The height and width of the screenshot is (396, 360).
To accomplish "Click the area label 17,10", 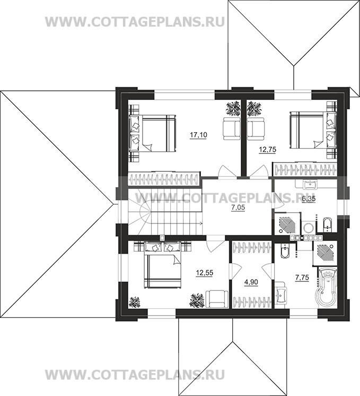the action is tap(198, 135).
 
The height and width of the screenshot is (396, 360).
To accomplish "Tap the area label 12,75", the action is tap(268, 150).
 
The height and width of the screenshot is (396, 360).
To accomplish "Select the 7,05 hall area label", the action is tap(238, 208).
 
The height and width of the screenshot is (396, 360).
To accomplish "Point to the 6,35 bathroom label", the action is tap(309, 199).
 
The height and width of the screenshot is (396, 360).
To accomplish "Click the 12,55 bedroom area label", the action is tap(205, 273).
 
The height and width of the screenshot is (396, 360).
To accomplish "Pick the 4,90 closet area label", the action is tap(251, 282).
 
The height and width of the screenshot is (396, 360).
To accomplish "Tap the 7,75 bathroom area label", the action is tap(302, 278).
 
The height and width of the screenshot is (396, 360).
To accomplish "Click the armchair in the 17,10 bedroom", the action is tap(232, 129).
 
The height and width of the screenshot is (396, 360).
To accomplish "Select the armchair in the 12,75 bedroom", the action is tap(256, 129).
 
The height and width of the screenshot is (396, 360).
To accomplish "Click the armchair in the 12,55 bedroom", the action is tap(217, 299).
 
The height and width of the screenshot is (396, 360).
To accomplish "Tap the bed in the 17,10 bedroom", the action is tap(152, 133).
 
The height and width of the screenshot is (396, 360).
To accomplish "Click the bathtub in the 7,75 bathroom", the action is tap(326, 287).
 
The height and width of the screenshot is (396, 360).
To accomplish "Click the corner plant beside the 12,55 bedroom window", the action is tap(135, 302).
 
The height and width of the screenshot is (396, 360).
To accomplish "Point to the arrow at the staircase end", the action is tap(199, 223).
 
